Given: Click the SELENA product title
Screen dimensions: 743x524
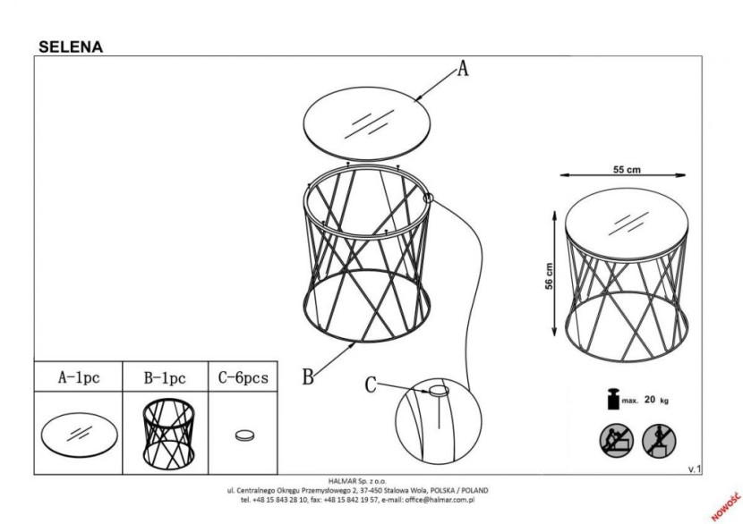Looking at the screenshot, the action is [71, 46].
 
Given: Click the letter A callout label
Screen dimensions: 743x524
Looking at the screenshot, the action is [463, 68].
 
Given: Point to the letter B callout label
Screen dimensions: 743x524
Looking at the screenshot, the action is [308, 377].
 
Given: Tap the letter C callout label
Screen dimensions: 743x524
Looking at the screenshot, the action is [371, 385].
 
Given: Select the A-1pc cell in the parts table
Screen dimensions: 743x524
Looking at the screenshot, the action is [79, 377].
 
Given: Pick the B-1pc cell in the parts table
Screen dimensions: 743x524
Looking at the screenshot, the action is [165, 377].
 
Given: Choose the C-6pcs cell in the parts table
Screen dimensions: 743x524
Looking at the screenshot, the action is [243, 377].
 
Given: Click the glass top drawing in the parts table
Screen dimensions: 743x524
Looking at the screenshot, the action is [79, 434].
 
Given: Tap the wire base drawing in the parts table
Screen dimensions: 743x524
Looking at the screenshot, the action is [168, 434].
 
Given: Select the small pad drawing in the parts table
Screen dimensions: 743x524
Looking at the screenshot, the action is [244, 435].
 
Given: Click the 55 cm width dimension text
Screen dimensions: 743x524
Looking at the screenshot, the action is [627, 170].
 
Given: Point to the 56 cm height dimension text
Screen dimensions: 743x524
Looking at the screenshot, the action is [549, 276].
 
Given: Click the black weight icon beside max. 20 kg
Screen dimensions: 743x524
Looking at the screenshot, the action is [613, 399].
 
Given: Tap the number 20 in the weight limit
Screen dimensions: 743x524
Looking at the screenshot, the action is [650, 400].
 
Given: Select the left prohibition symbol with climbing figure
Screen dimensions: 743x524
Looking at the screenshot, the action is [617, 441].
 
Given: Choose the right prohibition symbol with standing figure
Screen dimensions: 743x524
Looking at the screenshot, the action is [659, 441].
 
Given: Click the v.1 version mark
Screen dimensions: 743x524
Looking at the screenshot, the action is [694, 469].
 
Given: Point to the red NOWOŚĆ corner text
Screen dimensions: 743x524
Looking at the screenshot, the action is [725, 506].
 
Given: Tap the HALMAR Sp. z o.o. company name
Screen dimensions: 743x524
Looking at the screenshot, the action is [357, 481].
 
